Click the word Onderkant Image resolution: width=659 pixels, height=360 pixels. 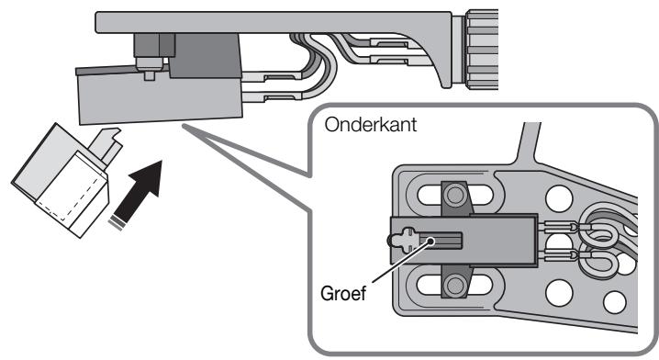371,125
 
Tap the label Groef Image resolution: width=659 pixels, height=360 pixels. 343,293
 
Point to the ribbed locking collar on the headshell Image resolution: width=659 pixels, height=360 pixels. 481,49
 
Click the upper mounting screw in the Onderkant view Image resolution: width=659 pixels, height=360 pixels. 454,195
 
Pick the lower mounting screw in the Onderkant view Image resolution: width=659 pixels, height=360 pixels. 454,286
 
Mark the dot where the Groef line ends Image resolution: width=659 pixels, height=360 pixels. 430,241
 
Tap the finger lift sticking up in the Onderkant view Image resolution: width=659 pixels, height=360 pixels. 529,143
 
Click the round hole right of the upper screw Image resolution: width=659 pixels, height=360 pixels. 559,198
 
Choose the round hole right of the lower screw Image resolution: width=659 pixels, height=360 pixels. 559,293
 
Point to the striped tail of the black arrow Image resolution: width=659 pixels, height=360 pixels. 117,223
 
